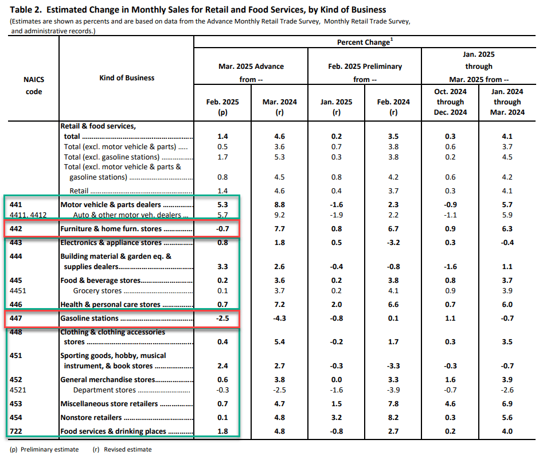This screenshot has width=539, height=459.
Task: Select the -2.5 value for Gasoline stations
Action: pyautogui.click(x=222, y=318)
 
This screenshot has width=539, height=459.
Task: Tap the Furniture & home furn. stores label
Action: pyautogui.click(x=111, y=229)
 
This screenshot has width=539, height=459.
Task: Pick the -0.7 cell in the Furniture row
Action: pyautogui.click(x=222, y=229)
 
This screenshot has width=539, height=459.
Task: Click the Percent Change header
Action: pyautogui.click(x=365, y=42)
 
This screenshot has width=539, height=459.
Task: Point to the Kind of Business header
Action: pyautogui.click(x=127, y=77)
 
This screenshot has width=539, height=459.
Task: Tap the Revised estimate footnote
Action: pyautogui.click(x=122, y=449)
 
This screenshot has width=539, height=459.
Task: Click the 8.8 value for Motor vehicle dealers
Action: pyautogui.click(x=279, y=204)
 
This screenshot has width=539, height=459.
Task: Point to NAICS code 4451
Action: pyautogui.click(x=18, y=290)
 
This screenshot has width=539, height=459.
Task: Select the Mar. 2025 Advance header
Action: pyautogui.click(x=251, y=67)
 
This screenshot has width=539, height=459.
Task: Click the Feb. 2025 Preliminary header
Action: pyautogui.click(x=365, y=67)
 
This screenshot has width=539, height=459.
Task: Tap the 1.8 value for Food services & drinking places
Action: pyautogui.click(x=222, y=431)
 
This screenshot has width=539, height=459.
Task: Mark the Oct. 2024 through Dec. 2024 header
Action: pyautogui.click(x=450, y=102)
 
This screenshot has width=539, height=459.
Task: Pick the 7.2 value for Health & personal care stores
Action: pyautogui.click(x=279, y=304)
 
